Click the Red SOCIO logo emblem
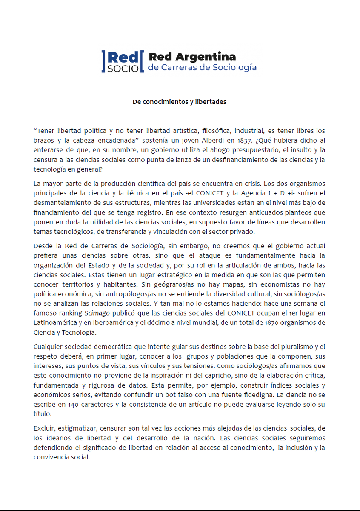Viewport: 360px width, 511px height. (120, 61)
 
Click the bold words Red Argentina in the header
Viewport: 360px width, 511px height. (191, 57)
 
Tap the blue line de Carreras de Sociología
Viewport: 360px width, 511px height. (202, 67)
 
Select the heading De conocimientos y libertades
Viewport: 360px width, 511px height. (179, 102)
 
